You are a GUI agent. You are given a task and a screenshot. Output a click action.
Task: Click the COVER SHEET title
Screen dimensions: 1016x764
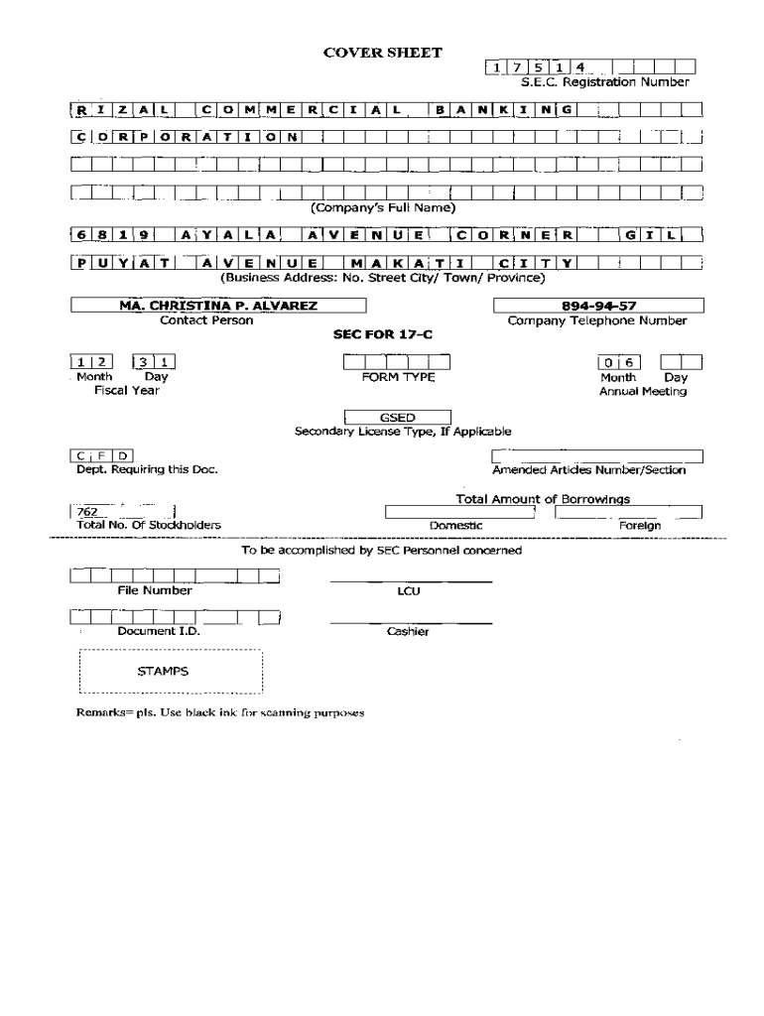[383, 53]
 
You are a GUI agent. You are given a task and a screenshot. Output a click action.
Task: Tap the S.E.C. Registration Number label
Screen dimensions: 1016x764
[605, 82]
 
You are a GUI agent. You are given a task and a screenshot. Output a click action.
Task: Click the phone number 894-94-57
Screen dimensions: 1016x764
[598, 306]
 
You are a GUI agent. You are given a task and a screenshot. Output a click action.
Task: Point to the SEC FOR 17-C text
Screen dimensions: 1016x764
[382, 335]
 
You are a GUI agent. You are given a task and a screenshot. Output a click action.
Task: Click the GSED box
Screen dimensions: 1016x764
[397, 418]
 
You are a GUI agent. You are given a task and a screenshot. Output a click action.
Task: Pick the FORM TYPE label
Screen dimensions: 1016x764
[398, 377]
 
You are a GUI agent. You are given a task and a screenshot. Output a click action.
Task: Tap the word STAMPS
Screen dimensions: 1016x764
[163, 671]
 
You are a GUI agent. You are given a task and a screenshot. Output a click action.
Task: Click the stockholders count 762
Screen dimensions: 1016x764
[86, 512]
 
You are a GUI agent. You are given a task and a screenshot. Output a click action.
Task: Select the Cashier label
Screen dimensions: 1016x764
[408, 632]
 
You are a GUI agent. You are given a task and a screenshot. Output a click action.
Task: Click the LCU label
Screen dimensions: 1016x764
[409, 590]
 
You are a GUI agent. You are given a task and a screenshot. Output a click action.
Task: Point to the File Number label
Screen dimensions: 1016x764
[155, 590]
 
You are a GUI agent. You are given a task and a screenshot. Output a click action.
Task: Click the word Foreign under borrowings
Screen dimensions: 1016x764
[640, 525]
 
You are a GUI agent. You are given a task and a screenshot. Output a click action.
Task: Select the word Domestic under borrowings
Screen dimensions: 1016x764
[455, 525]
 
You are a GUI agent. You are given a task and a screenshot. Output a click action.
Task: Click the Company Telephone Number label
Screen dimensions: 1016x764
[597, 320]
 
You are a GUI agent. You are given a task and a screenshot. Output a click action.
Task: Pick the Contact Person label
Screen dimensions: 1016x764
[206, 320]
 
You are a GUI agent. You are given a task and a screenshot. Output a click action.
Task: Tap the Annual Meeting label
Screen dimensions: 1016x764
[642, 391]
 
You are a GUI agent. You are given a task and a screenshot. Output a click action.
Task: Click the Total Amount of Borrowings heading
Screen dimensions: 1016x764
[543, 498]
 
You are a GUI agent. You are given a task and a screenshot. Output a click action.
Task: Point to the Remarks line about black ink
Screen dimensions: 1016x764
[221, 712]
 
